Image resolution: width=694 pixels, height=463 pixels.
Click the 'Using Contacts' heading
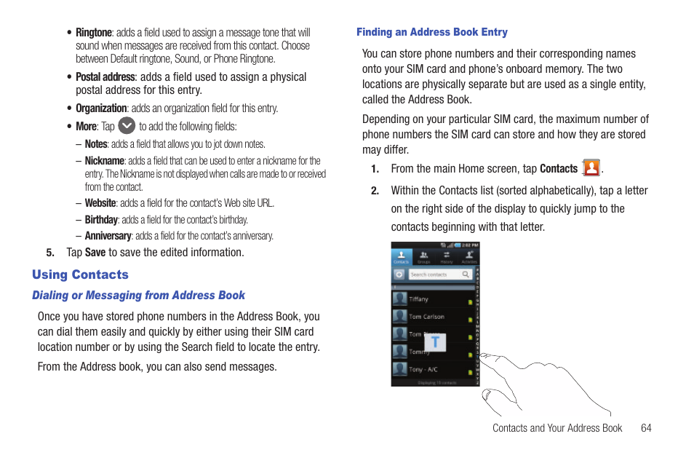pos(80,274)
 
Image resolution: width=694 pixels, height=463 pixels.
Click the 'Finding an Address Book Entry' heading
pos(431,32)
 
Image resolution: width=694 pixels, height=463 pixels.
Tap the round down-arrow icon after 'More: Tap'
pos(127,125)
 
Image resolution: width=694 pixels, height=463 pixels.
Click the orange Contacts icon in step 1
pos(591,168)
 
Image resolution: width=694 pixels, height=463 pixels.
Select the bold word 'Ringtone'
pos(94,33)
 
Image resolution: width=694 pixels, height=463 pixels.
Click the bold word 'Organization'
pos(101,108)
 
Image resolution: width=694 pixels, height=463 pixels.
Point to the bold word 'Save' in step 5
pos(95,253)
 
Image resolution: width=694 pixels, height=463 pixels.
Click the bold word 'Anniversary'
pos(108,236)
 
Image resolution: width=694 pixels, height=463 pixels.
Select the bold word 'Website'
pos(100,204)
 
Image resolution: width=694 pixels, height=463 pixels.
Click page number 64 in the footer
pos(646,428)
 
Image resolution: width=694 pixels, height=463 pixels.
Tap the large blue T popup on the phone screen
pos(435,341)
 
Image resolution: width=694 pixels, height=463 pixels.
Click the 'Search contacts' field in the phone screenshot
pos(439,274)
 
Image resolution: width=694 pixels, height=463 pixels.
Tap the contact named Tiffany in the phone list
pos(420,299)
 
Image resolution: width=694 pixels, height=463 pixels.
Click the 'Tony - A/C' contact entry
pos(425,369)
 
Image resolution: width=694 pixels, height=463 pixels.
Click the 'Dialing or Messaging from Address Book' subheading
pos(138,296)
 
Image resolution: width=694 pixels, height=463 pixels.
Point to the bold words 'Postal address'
pos(105,77)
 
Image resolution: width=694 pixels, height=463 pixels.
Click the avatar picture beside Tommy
pos(399,352)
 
